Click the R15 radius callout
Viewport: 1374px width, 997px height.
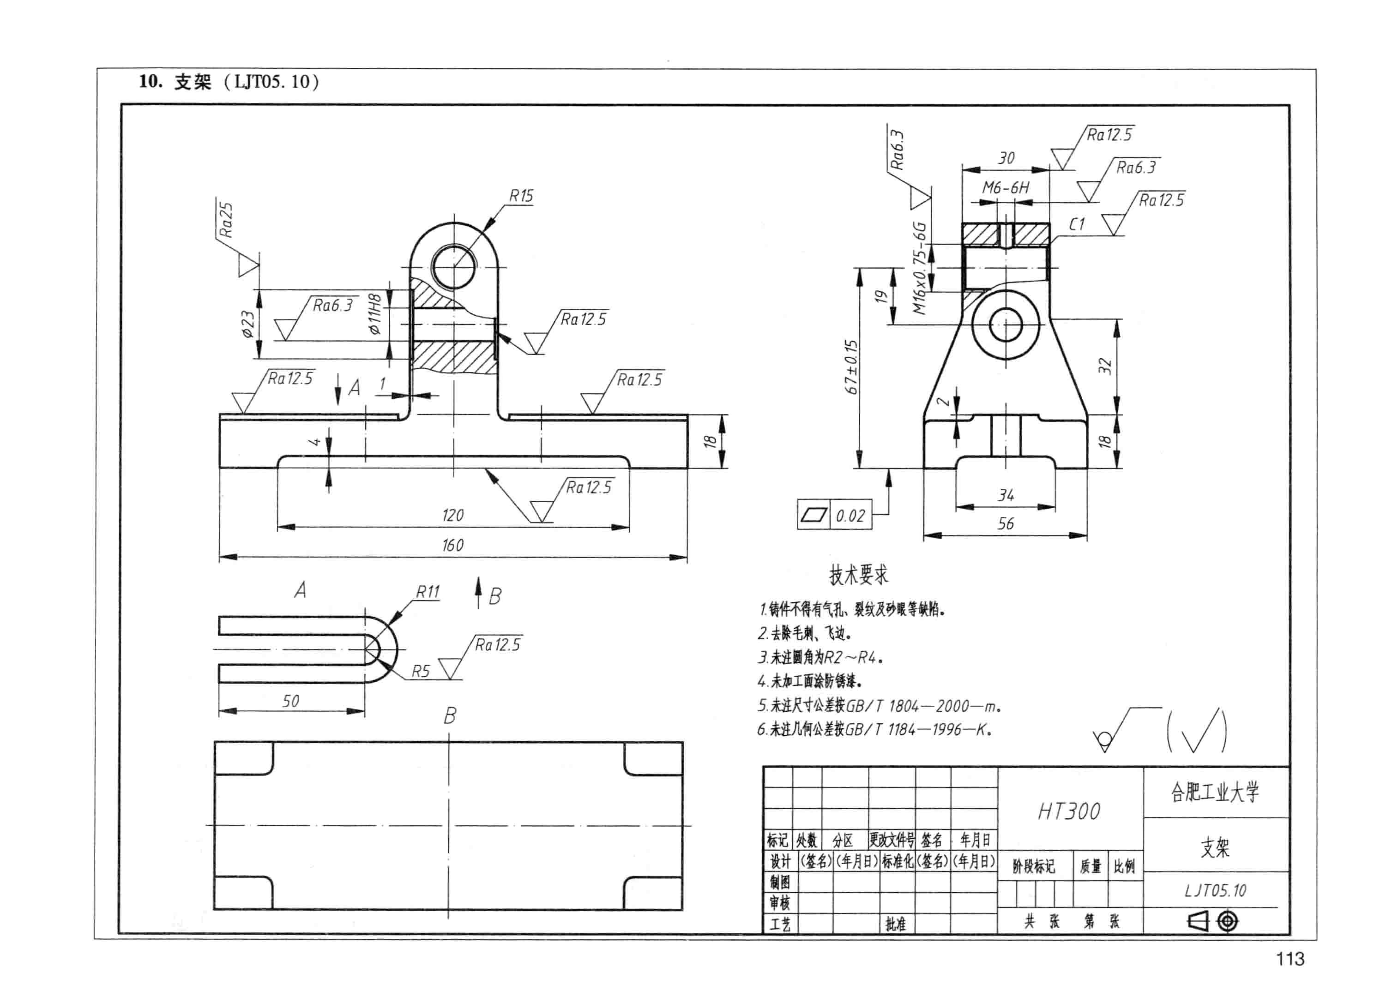(x=521, y=196)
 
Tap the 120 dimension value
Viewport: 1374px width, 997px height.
(x=452, y=516)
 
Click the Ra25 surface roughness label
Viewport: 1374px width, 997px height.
(x=226, y=220)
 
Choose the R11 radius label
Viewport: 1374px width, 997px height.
(x=428, y=592)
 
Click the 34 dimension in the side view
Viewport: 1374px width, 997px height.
(x=1006, y=496)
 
